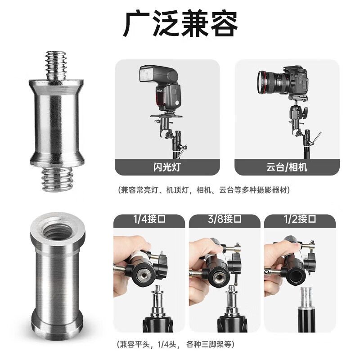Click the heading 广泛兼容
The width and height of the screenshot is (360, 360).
click(x=180, y=24)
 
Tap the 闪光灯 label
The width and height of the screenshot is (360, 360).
click(x=167, y=167)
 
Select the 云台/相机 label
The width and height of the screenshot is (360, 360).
click(x=287, y=167)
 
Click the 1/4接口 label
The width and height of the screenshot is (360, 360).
click(x=149, y=219)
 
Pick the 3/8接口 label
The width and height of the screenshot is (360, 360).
click(x=225, y=219)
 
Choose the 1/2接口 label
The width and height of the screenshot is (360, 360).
click(x=300, y=219)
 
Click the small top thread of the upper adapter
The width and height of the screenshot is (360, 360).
click(x=56, y=65)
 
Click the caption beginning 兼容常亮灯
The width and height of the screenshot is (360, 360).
click(x=204, y=190)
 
